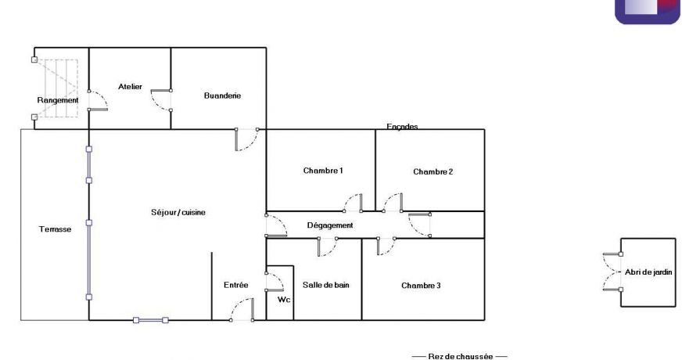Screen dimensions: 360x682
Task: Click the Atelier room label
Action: click(130, 87)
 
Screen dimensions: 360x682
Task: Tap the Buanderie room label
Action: click(222, 95)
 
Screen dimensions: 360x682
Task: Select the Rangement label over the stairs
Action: click(58, 100)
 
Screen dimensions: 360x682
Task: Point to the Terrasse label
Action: click(56, 229)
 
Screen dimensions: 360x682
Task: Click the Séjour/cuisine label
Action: click(178, 212)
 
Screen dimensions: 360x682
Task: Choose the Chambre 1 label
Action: click(323, 171)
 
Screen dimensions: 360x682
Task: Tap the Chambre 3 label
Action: click(421, 286)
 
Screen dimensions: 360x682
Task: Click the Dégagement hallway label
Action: click(329, 225)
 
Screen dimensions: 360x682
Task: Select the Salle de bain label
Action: click(325, 285)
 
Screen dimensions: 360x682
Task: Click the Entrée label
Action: click(235, 285)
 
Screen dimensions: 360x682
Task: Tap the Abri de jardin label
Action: click(648, 272)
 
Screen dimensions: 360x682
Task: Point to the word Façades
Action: click(402, 127)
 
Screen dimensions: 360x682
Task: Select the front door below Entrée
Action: click(241, 313)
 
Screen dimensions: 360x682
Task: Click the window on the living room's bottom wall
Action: click(150, 319)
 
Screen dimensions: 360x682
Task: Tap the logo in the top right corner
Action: click(647, 10)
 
